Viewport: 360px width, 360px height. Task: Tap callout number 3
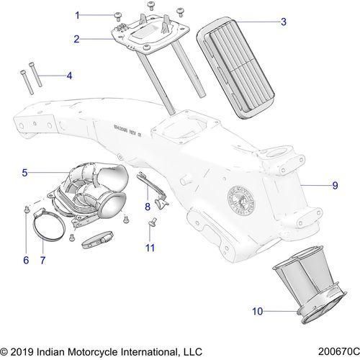point(283,22)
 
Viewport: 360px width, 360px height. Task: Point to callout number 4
point(69,75)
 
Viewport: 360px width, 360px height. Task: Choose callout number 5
point(24,173)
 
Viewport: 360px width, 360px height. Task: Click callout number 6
point(26,260)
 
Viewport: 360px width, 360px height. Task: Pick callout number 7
point(43,260)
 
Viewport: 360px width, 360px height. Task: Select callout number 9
point(334,186)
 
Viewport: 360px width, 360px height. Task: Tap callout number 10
point(238,312)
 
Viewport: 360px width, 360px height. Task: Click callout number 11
point(151,248)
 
